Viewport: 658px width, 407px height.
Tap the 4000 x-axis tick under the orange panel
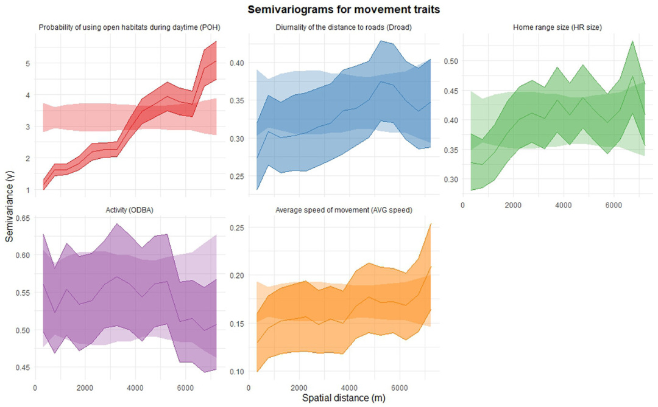click(349, 388)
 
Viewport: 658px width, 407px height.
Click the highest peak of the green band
click(633, 41)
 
